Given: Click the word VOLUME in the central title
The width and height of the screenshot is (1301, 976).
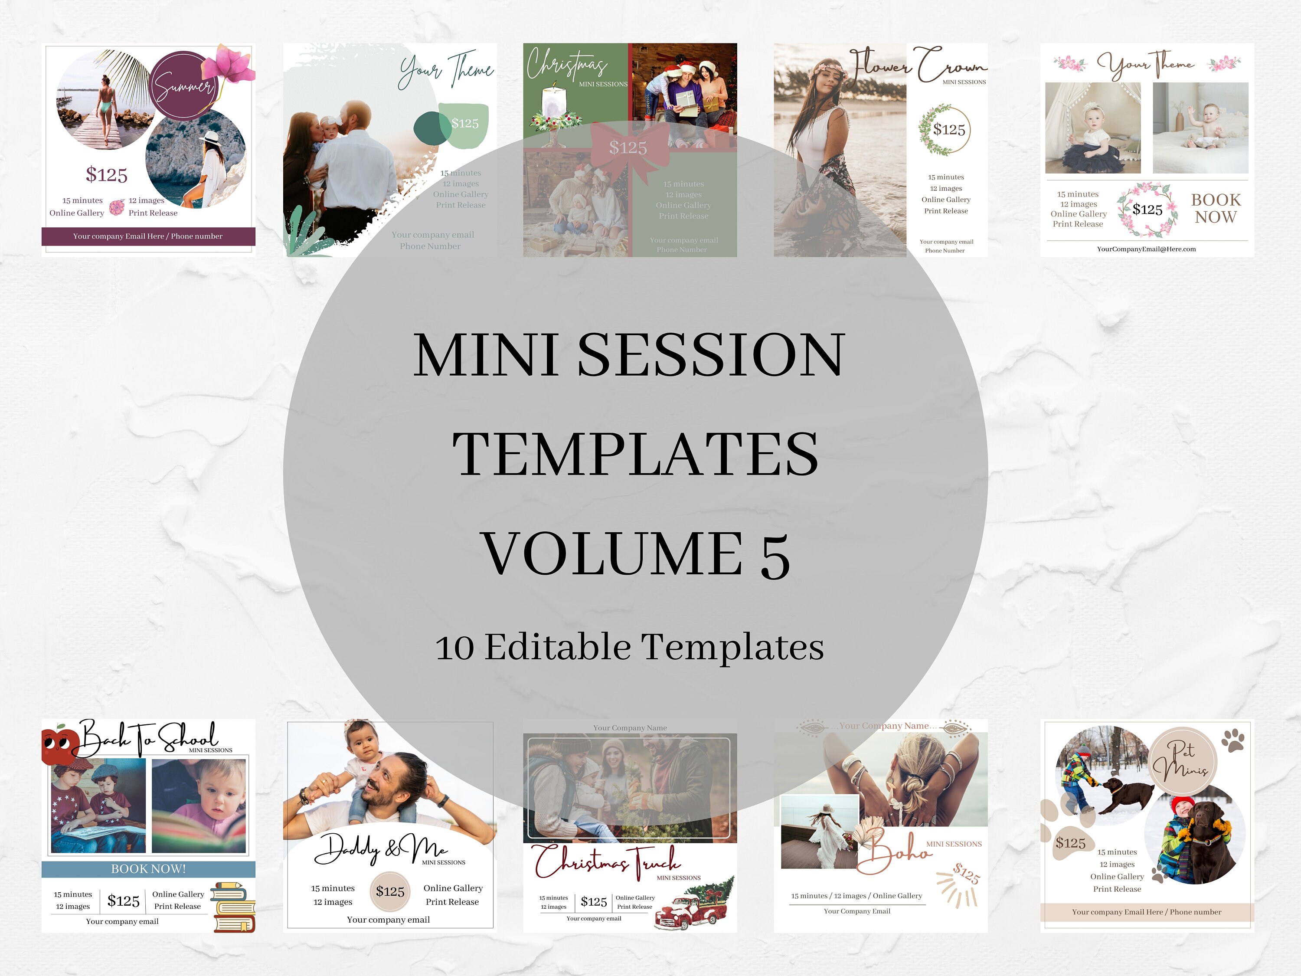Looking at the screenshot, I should [x=611, y=553].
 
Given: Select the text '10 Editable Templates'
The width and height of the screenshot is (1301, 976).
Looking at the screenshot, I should [x=629, y=647].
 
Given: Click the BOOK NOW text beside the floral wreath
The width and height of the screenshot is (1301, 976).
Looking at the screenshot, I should [x=1216, y=208].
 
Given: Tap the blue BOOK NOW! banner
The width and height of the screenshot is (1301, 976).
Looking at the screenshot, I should [x=148, y=869].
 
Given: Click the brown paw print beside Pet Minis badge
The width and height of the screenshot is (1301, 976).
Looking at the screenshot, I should [x=1233, y=740].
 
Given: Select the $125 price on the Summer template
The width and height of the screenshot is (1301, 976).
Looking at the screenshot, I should [x=106, y=175].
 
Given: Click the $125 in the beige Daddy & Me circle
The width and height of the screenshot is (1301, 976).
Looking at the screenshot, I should [x=390, y=892].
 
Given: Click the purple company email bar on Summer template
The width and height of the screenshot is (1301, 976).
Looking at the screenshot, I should [x=148, y=236].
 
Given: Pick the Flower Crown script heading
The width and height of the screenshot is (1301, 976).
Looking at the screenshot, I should [x=918, y=66].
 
